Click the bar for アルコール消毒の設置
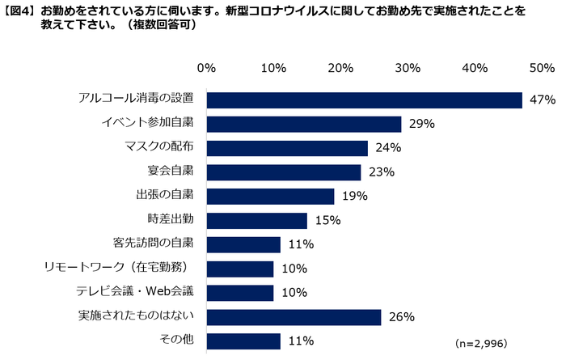tap(364, 100)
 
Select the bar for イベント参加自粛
tap(304, 124)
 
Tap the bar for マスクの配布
tap(287, 148)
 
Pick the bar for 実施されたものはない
tap(294, 317)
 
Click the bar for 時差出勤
tap(256, 220)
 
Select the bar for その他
tap(243, 341)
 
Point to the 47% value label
tap(542, 100)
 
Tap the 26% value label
tap(401, 318)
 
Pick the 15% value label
tap(327, 221)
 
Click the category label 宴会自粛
tap(171, 172)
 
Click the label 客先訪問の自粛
tap(153, 244)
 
